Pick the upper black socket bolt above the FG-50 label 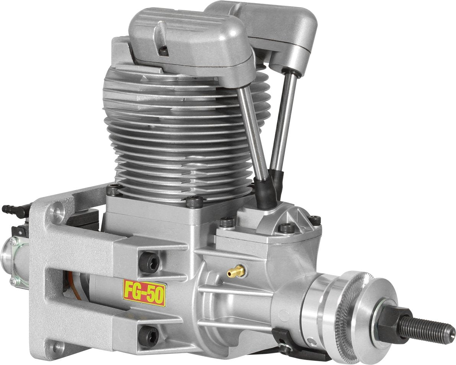149,263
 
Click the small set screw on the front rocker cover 163,49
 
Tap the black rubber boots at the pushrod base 270,190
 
